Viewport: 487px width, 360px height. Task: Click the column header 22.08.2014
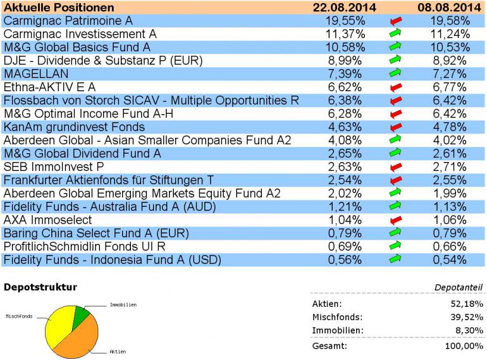[x=344, y=8]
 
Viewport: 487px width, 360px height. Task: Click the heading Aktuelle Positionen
[x=59, y=8]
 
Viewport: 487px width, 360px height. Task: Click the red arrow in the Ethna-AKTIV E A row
[x=396, y=87]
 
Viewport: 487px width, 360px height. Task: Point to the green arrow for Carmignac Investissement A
[x=396, y=34]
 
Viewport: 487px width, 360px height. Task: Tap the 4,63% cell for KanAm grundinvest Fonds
[x=345, y=127]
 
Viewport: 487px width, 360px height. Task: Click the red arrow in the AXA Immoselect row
[x=396, y=220]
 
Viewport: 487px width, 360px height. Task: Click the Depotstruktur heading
[x=40, y=287]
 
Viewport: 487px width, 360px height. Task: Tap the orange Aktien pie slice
[x=76, y=335]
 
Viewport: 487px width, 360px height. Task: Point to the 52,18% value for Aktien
[x=467, y=304]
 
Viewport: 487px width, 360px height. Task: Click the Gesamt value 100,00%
[x=465, y=346]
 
